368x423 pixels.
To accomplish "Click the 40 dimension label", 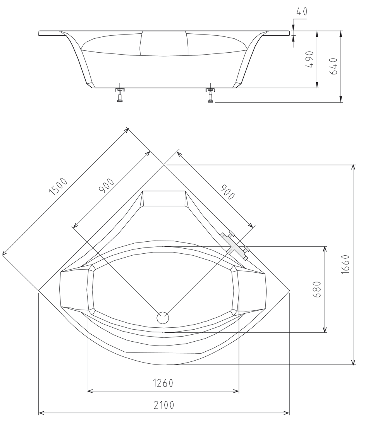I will [x=302, y=12].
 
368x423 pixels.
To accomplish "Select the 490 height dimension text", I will [x=310, y=59].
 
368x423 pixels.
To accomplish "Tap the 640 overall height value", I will [x=333, y=66].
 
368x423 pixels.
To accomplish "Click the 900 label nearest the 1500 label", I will [x=106, y=186].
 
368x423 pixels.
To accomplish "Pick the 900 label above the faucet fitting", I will [x=227, y=192].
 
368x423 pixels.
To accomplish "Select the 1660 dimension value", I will [x=346, y=265].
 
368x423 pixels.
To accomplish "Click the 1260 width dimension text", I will [x=163, y=383].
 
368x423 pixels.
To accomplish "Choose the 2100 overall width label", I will [x=164, y=405].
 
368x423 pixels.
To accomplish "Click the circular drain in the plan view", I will [x=163, y=317].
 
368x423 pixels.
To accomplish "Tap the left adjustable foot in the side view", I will [x=120, y=95].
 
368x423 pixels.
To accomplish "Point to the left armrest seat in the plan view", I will [x=74, y=291].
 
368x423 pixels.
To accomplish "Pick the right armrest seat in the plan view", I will [x=252, y=291].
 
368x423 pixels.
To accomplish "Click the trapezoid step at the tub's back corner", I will [x=164, y=198].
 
